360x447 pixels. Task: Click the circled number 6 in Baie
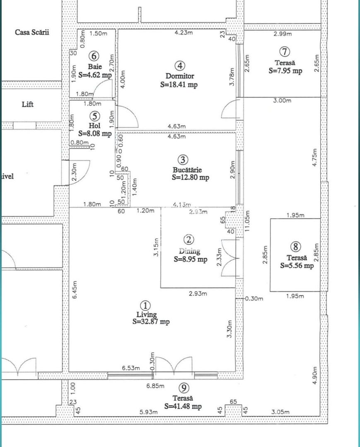tap(94, 55)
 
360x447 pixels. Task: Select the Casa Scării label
tap(32, 32)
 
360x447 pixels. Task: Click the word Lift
tap(27, 104)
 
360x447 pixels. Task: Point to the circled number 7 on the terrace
tap(285, 52)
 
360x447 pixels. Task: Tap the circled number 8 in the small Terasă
tap(295, 247)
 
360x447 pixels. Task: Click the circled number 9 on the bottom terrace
tap(184, 388)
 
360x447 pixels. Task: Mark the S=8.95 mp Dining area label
tap(190, 260)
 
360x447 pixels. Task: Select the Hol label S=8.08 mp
tap(95, 134)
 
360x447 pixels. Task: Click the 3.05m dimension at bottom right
tap(280, 412)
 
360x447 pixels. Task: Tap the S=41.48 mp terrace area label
tap(183, 406)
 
